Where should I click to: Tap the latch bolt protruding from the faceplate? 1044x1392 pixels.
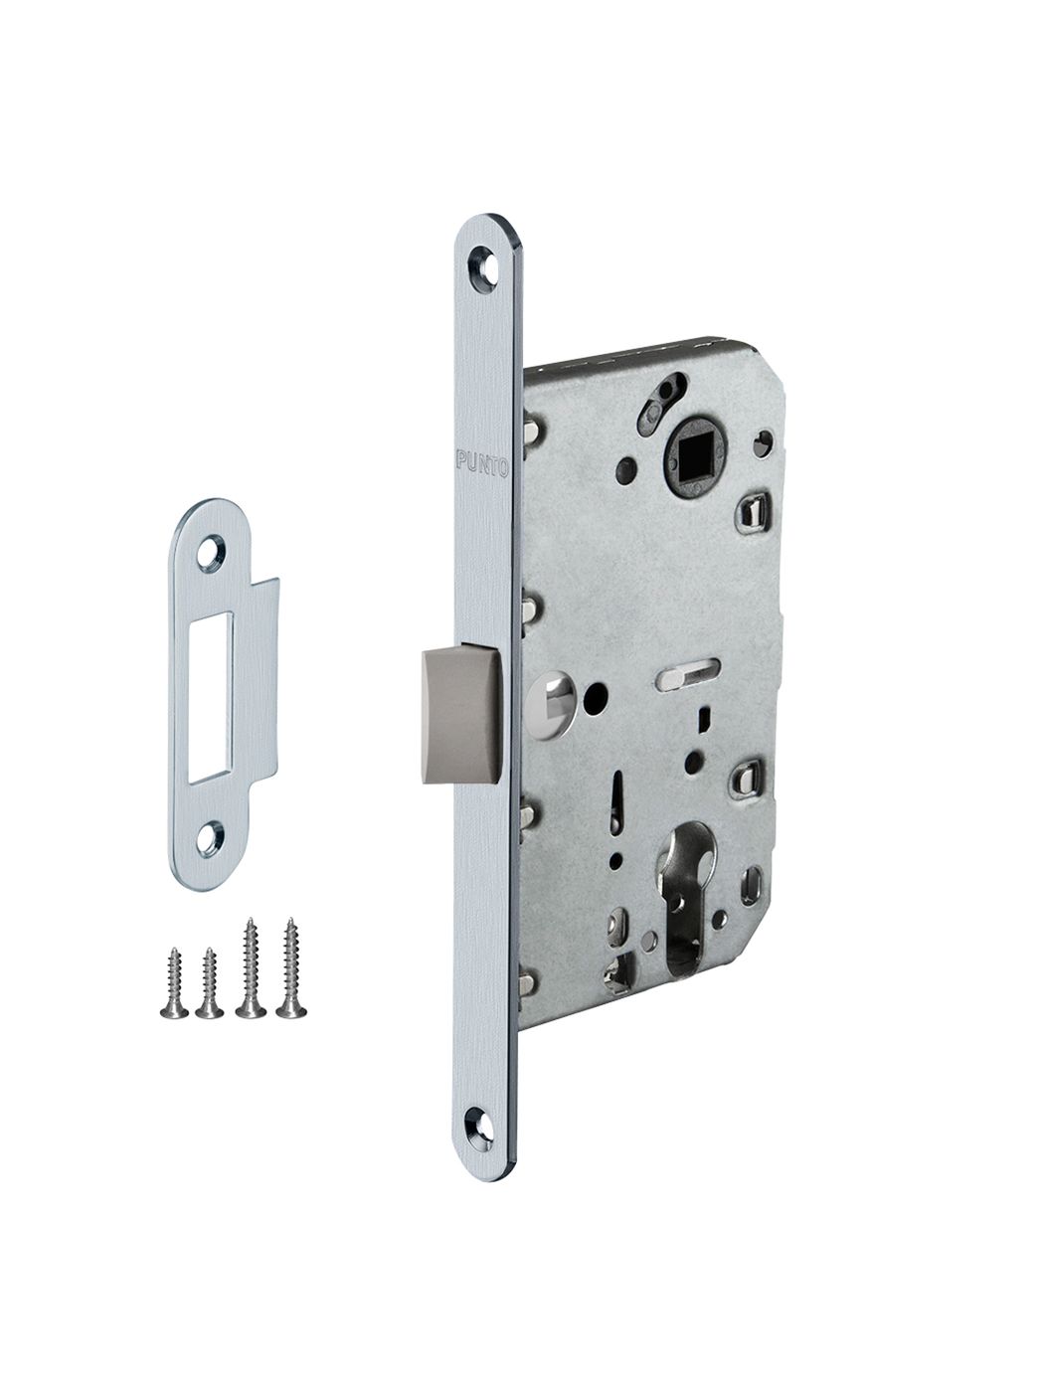click(459, 714)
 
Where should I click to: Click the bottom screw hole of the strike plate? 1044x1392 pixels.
click(211, 838)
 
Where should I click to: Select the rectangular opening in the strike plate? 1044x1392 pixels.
click(211, 697)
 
